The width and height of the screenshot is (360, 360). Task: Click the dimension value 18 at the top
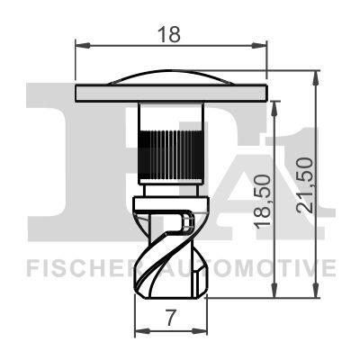(x=169, y=34)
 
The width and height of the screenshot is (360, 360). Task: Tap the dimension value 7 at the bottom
(x=170, y=318)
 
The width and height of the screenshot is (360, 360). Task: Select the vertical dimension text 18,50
(x=263, y=202)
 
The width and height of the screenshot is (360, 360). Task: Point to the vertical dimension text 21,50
(x=305, y=185)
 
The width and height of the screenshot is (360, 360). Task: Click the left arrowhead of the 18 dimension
(x=83, y=46)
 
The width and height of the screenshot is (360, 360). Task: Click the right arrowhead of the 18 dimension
(x=259, y=46)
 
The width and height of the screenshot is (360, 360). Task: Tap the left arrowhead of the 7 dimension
(x=142, y=331)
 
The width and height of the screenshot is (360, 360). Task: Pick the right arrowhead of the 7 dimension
(x=200, y=331)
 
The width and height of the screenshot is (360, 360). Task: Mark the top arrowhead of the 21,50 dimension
(x=315, y=77)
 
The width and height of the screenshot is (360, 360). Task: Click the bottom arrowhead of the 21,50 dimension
(x=315, y=291)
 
